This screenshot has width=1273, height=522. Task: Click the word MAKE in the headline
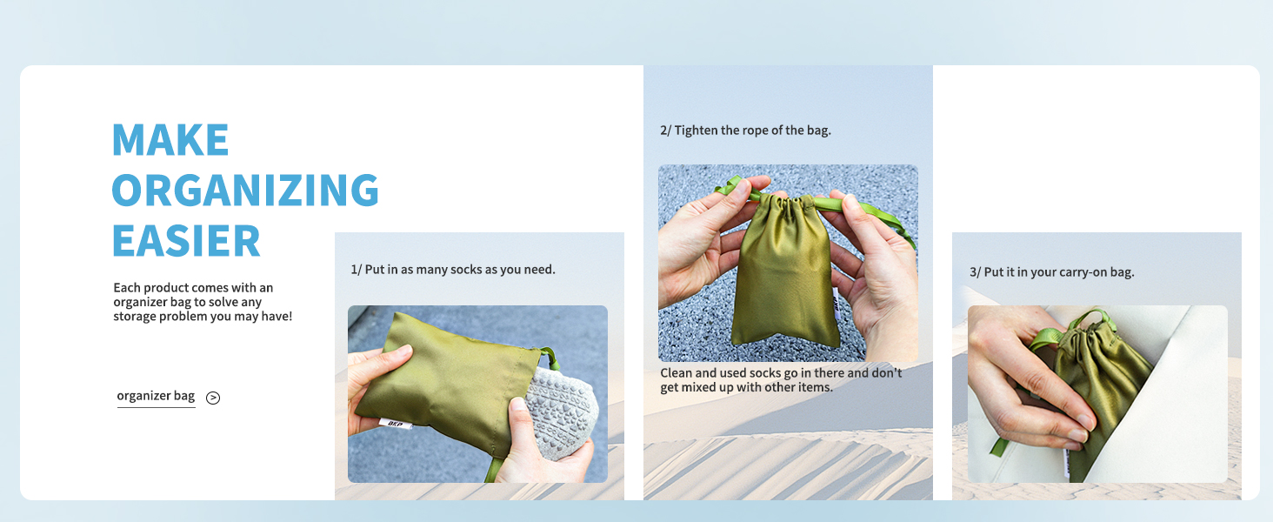coord(170,140)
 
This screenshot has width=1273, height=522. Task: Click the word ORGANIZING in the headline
coord(245,191)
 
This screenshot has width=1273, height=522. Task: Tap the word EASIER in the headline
coord(186,241)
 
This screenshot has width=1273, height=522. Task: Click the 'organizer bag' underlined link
coord(156,396)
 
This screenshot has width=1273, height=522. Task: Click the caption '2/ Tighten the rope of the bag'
coord(745,130)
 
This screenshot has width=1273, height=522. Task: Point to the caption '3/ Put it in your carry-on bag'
coord(1051,272)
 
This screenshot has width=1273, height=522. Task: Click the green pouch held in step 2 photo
coord(783,278)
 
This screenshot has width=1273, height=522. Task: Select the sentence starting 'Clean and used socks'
coord(780,380)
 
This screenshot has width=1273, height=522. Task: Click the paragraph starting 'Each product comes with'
coord(203,302)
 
